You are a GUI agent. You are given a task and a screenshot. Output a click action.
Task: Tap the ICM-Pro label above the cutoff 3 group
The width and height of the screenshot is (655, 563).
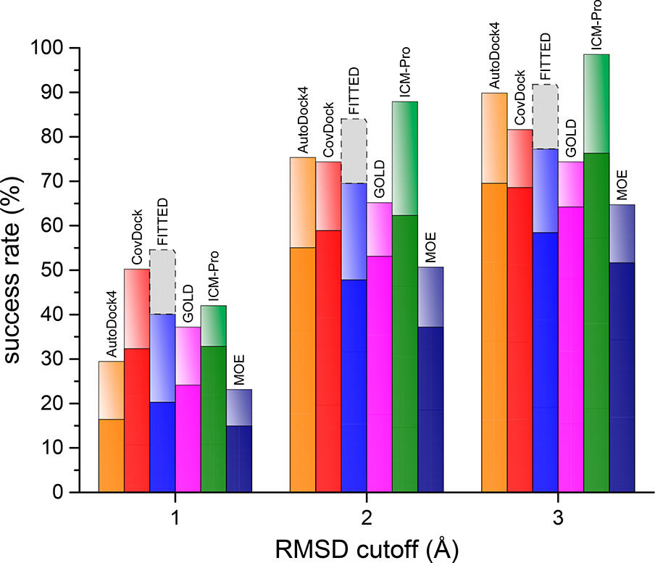(597, 25)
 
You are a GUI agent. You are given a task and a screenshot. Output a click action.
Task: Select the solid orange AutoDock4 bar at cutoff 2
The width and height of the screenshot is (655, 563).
(302, 370)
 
